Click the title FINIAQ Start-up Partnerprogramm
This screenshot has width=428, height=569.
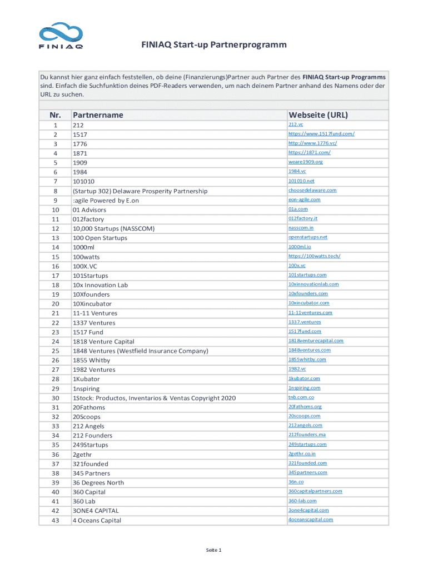(x=214, y=45)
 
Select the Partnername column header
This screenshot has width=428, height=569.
(x=98, y=115)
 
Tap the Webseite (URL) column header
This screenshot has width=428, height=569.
(x=318, y=115)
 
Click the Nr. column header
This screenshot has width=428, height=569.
(x=55, y=115)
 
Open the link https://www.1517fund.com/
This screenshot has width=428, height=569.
(x=321, y=134)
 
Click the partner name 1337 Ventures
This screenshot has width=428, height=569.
(x=94, y=323)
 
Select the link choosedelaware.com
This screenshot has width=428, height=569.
(x=312, y=190)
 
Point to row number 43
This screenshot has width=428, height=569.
(x=55, y=521)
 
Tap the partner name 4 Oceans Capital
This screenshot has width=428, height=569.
(x=97, y=521)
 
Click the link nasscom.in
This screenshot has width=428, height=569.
(x=301, y=228)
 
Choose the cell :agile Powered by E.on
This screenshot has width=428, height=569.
(x=106, y=201)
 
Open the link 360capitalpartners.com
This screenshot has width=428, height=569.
(x=315, y=491)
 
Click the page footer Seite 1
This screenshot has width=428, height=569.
(x=214, y=550)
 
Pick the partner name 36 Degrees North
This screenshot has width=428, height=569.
(x=98, y=483)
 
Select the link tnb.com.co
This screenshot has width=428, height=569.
(x=301, y=397)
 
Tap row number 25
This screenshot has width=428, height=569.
(x=55, y=351)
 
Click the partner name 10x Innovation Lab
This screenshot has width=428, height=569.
(x=100, y=285)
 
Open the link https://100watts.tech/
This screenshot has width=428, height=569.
(x=314, y=256)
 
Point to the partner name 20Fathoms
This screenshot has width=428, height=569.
(x=89, y=407)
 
